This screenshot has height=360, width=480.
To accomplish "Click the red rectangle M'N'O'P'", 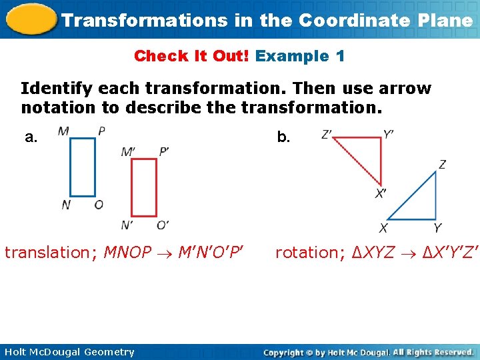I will [143, 187].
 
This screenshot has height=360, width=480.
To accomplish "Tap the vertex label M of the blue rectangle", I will [63, 131].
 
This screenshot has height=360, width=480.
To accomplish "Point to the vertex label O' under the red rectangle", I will [163, 225].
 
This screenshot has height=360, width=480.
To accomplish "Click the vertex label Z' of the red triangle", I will [327, 135].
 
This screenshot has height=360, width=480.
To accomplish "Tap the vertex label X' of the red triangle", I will [381, 194].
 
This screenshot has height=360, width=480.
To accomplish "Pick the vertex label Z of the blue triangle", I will [442, 165].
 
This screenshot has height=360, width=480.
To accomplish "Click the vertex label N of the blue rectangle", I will [65, 205].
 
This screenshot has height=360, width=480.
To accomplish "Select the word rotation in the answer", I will [307, 253].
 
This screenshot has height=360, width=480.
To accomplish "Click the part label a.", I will [31, 138].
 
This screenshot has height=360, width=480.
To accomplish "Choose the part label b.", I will [283, 138].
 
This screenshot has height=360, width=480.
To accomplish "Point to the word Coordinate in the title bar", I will [353, 20].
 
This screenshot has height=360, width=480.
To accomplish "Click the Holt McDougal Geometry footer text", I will [69, 352].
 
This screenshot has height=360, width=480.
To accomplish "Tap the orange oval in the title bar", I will [29, 19].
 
